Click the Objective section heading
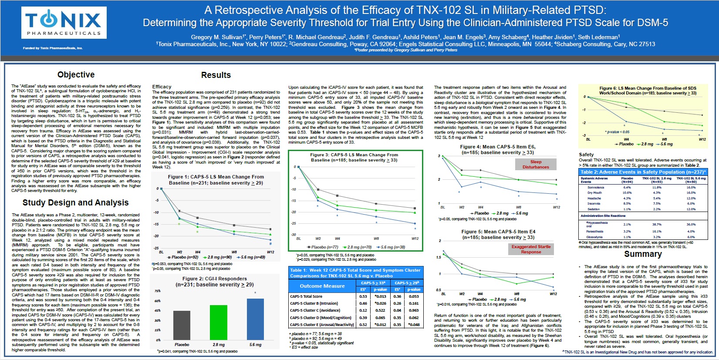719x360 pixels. (x=76, y=75)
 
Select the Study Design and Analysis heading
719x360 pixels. (x=75, y=203)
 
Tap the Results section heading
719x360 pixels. (x=216, y=75)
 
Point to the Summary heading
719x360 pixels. (x=643, y=254)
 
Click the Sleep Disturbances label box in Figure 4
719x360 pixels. (x=536, y=164)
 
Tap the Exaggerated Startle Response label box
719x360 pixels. (x=531, y=249)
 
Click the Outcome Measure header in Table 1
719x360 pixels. (x=322, y=286)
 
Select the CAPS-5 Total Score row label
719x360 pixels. (x=306, y=296)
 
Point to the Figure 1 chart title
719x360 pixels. (x=216, y=180)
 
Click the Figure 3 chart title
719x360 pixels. (x=354, y=157)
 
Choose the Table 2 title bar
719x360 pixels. (x=643, y=172)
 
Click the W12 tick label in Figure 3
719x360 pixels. (x=415, y=239)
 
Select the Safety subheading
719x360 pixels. (x=586, y=155)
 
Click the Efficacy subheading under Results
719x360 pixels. (x=162, y=87)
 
